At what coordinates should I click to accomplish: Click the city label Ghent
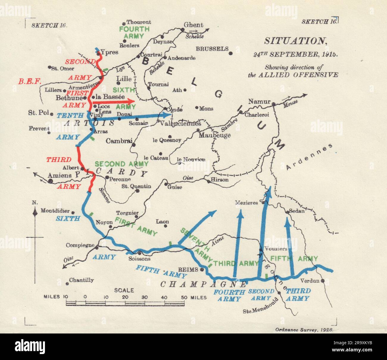point(193,25)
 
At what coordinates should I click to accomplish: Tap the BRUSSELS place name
point(212,49)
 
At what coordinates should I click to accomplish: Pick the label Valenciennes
point(181,124)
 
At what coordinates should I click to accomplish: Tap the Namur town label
point(259,101)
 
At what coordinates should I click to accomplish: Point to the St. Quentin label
point(136,186)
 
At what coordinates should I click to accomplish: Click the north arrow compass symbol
point(35,212)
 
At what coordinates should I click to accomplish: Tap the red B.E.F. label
point(29,81)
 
